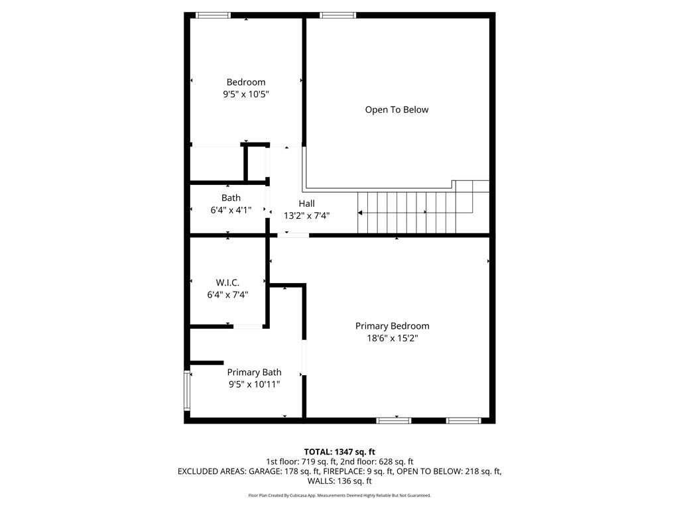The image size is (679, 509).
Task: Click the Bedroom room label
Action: [245, 82]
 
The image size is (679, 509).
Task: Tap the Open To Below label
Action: [397, 109]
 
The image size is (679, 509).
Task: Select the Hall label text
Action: [306, 203]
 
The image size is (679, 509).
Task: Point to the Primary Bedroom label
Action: [392, 326]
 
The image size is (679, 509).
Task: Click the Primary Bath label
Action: [254, 372]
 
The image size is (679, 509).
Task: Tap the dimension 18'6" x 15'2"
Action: [392, 338]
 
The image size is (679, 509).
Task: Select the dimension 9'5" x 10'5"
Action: [245, 94]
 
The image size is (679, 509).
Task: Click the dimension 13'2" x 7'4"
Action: [306, 215]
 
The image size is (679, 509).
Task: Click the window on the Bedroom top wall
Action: [214, 15]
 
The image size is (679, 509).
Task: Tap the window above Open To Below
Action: [338, 15]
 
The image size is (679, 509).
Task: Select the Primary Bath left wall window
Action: [187, 391]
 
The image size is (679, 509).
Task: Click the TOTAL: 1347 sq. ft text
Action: [339, 451]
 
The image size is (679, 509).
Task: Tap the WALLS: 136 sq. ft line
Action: [339, 481]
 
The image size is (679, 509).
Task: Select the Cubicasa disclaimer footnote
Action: [339, 495]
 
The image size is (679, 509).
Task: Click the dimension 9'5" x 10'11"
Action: [254, 384]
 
